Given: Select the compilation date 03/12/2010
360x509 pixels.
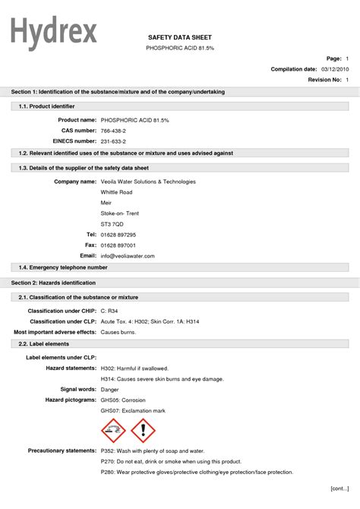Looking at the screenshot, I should tap(334, 69).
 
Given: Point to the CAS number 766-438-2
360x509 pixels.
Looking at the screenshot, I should tap(113, 131).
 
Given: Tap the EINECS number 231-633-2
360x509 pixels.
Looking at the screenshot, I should tap(113, 141).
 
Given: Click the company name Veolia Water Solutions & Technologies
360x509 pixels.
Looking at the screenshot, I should tap(148, 182).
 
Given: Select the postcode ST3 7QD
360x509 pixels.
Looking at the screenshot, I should tap(112, 224).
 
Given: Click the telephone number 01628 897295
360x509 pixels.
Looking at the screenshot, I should tap(118, 235).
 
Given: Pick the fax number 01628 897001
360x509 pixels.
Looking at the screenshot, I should tap(118, 245).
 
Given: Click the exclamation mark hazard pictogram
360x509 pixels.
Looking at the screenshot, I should tap(143, 432).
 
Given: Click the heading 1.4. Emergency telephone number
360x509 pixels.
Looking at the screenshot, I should tap(63, 267).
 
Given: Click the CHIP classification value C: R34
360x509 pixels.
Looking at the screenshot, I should tap(111, 311).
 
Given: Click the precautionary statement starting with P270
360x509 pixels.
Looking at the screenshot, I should tap(171, 461).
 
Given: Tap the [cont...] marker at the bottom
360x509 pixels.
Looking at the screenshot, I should tap(339, 488).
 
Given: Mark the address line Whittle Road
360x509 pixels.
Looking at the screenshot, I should tap(116, 192).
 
